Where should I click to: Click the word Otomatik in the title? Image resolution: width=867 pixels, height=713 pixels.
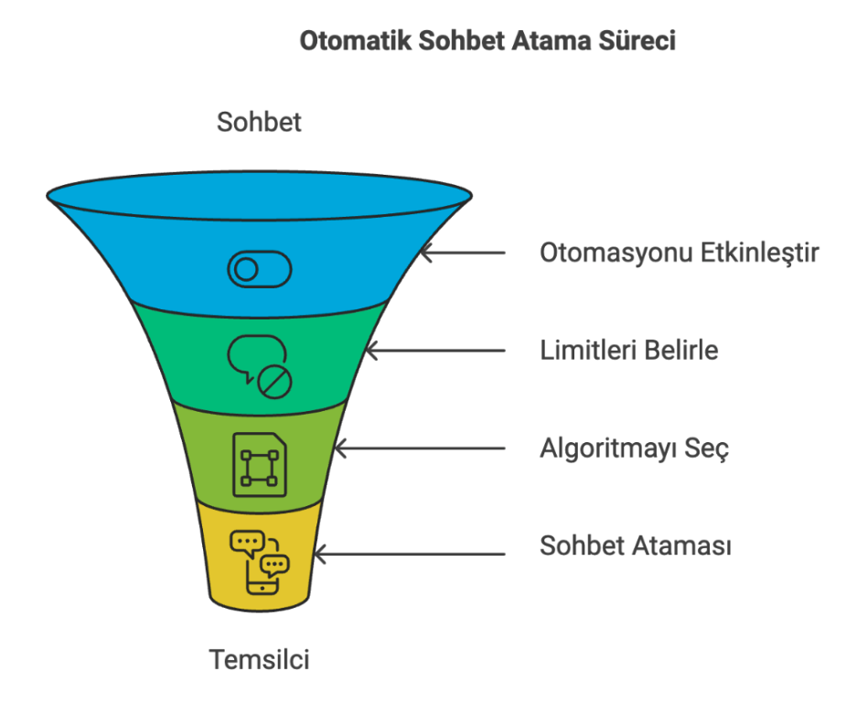pyautogui.click(x=356, y=41)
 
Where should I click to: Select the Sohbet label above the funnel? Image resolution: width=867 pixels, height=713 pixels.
pyautogui.click(x=259, y=122)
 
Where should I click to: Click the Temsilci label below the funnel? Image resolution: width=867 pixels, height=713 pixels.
pyautogui.click(x=259, y=659)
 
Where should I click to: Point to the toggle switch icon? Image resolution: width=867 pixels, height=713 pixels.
pyautogui.click(x=260, y=270)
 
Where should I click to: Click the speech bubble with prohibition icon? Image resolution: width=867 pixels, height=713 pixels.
pyautogui.click(x=260, y=366)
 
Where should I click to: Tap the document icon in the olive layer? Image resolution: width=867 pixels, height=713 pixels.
pyautogui.click(x=260, y=464)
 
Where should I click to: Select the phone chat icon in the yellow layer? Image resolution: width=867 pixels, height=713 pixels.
pyautogui.click(x=260, y=562)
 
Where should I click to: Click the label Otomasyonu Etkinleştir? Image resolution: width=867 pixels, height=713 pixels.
pyautogui.click(x=679, y=253)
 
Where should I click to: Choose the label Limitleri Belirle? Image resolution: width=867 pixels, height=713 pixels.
pyautogui.click(x=628, y=350)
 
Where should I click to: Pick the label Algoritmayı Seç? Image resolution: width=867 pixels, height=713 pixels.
pyautogui.click(x=634, y=448)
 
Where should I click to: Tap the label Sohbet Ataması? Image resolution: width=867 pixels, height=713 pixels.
pyautogui.click(x=636, y=546)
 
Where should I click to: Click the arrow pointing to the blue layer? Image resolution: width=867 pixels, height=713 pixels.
pyautogui.click(x=463, y=253)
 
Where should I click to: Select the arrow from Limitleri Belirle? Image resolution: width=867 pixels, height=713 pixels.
pyautogui.click(x=435, y=351)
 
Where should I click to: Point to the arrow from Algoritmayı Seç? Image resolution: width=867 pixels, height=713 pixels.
pyautogui.click(x=420, y=448)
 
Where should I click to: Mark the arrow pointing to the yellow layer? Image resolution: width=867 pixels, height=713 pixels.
pyautogui.click(x=409, y=554)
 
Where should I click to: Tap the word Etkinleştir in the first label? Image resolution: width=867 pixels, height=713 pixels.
pyautogui.click(x=760, y=253)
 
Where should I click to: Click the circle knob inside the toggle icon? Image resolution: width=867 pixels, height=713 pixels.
pyautogui.click(x=246, y=270)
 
